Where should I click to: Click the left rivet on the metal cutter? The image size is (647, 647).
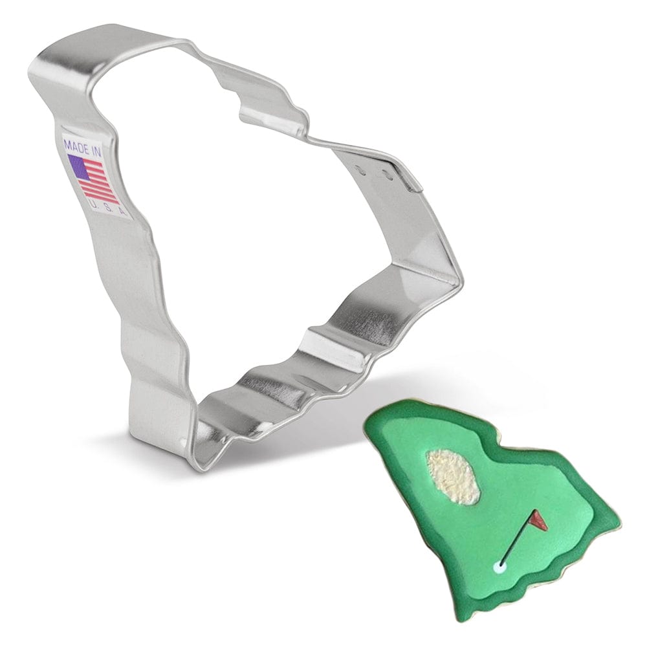(362, 170)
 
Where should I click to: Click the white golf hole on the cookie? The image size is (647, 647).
(500, 567)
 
